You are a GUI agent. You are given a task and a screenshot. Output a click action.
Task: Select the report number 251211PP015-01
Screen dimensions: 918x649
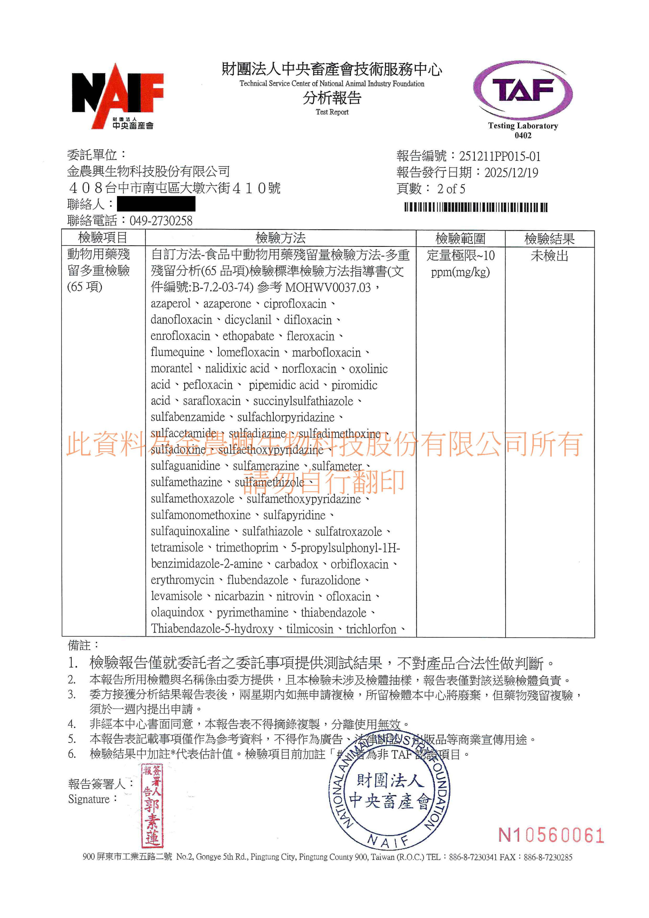point(500,156)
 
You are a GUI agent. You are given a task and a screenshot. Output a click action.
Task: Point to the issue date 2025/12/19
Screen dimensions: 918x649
point(511,173)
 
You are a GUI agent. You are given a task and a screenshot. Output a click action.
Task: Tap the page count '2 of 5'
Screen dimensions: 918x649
point(451,189)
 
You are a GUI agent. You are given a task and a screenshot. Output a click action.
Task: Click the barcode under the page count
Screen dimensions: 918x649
point(476,207)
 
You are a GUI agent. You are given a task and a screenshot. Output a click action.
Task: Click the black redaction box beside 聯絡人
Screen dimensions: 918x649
point(156,204)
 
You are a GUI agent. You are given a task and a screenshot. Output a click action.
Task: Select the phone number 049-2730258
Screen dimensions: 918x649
point(161,221)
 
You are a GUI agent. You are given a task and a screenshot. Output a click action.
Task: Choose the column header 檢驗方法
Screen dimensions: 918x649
point(281,238)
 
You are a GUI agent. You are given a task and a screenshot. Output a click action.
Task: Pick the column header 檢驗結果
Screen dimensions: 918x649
point(550,239)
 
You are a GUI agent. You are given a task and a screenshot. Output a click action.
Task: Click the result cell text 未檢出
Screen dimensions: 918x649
point(550,256)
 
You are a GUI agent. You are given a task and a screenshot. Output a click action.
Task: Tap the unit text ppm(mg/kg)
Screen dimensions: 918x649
point(460,272)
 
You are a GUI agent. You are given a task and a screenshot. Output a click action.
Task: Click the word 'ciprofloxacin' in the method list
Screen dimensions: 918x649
point(295,304)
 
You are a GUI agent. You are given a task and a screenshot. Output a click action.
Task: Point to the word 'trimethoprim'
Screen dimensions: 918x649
point(246,548)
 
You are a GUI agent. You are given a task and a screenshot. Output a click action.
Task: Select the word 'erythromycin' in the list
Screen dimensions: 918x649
point(182,580)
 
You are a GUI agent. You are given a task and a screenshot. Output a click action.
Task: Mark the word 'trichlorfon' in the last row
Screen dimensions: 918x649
point(371,629)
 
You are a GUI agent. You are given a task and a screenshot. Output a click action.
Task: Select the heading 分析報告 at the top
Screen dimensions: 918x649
point(332,98)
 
